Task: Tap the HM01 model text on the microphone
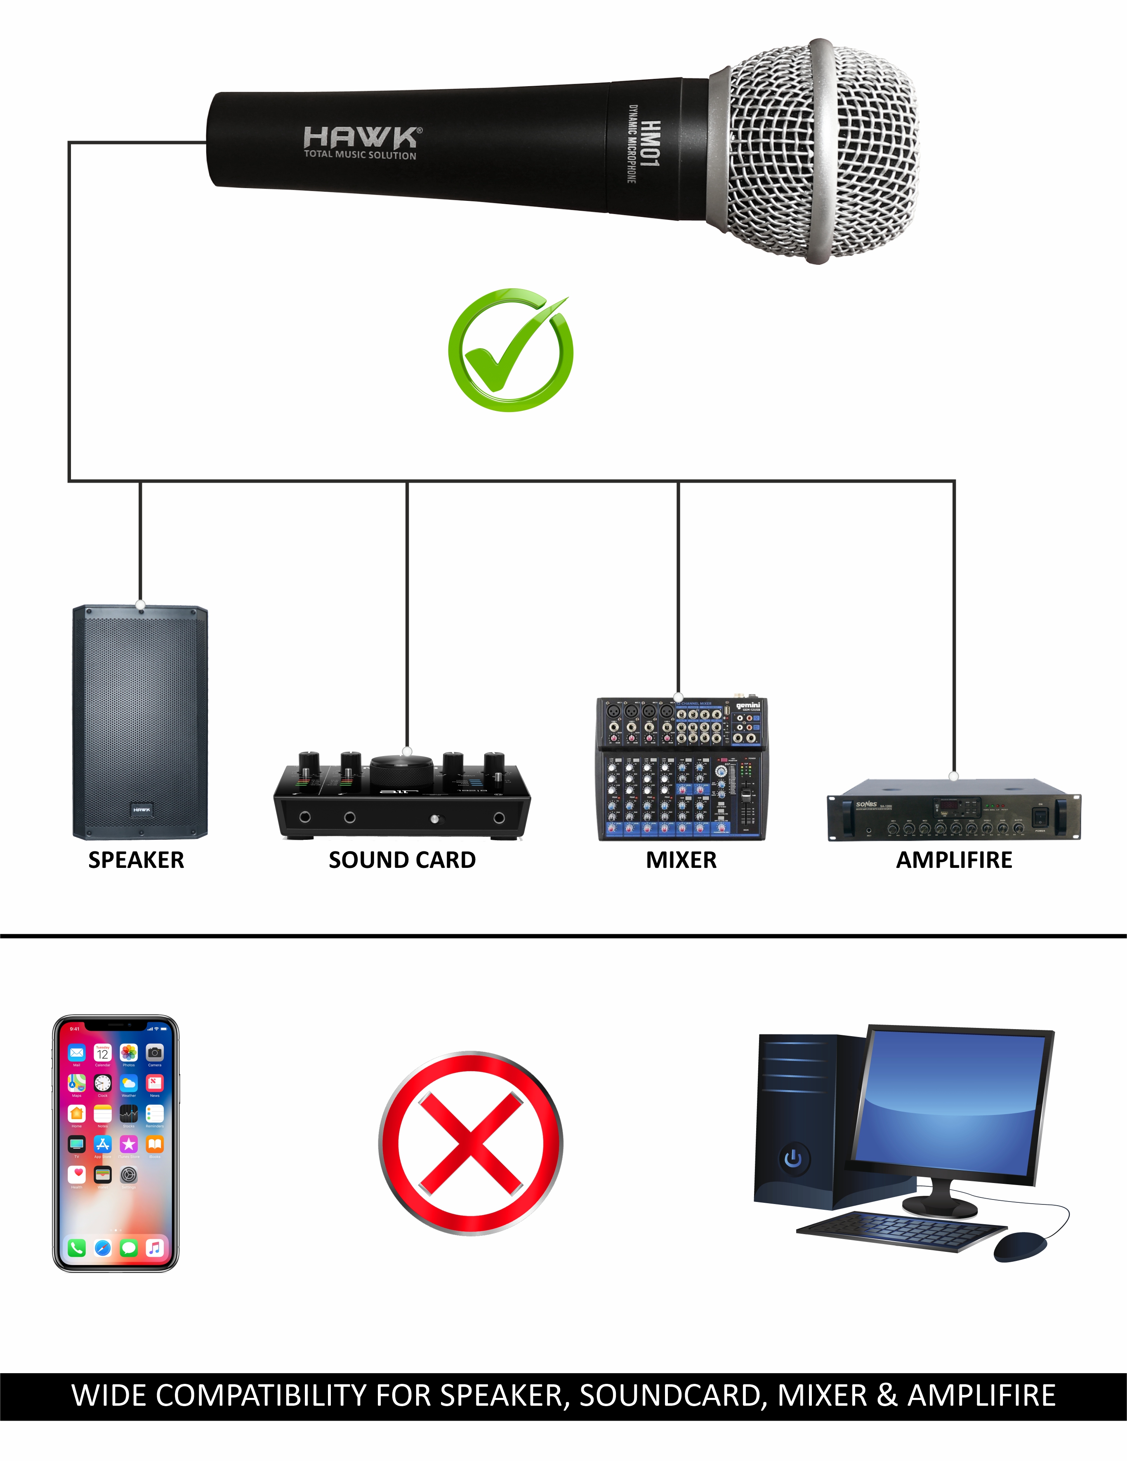pos(650,144)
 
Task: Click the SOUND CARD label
pos(402,860)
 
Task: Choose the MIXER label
pos(681,860)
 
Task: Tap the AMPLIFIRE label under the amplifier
pos(954,860)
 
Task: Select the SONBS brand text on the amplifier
pos(866,804)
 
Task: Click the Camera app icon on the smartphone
pos(155,1052)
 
